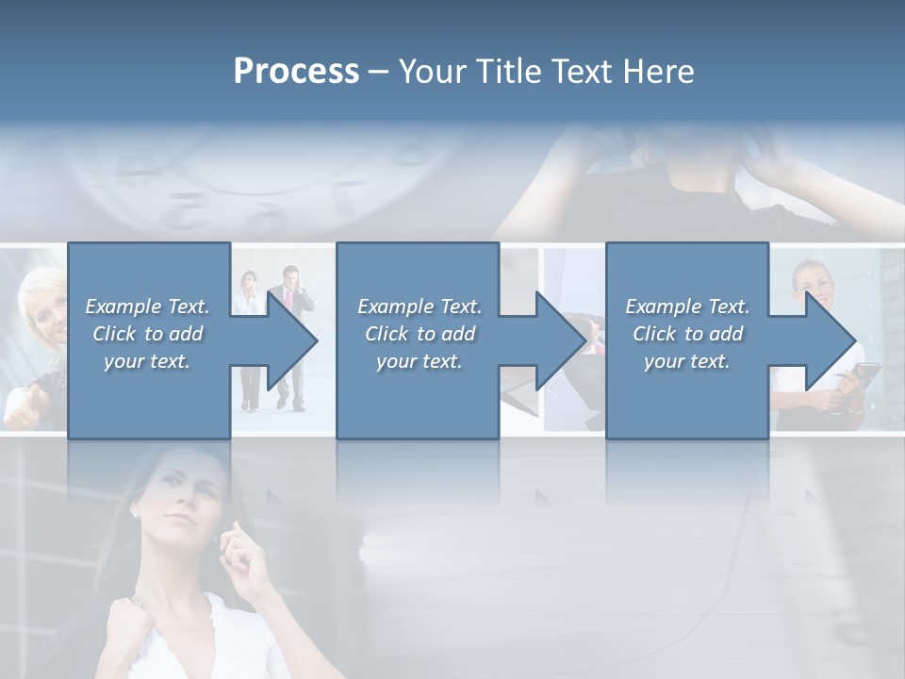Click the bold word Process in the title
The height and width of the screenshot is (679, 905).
296,72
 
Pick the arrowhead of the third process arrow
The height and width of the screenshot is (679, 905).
829,340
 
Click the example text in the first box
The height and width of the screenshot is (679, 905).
148,334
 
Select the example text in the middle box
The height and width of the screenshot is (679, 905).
420,334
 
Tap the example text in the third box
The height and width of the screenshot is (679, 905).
687,334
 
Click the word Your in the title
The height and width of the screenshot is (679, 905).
432,72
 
